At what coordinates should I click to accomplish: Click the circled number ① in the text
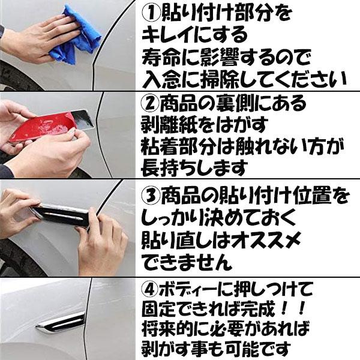click(x=151, y=13)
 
